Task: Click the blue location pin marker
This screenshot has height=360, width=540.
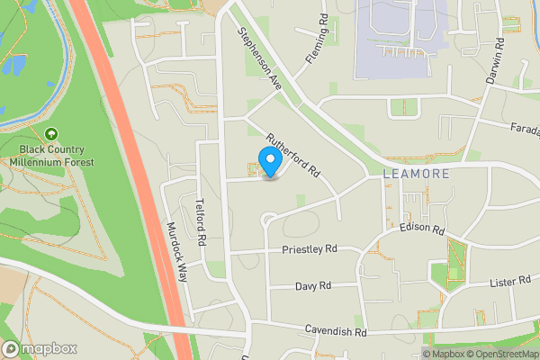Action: (x=268, y=161)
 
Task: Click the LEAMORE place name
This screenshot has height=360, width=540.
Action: (x=415, y=172)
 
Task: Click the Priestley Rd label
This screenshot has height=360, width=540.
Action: (x=309, y=248)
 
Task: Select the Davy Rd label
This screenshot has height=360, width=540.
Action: (x=313, y=286)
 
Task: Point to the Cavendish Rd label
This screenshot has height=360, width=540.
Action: (x=337, y=331)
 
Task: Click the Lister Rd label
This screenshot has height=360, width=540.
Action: (x=510, y=282)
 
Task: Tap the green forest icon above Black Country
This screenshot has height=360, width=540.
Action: (x=51, y=132)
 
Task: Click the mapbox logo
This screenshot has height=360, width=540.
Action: (x=40, y=348)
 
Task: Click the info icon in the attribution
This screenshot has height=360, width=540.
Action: (x=427, y=354)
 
